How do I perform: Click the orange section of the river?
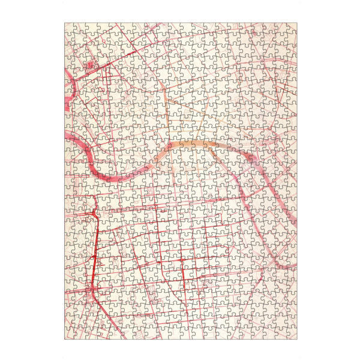(192, 146)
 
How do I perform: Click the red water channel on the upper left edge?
(67, 102)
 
